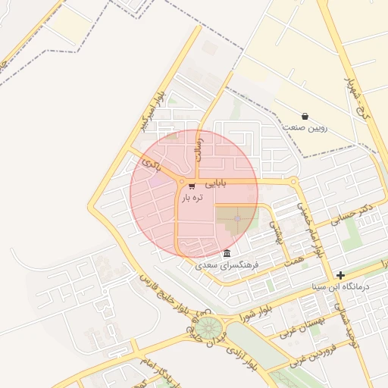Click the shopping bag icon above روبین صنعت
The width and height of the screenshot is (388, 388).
(x=305, y=117)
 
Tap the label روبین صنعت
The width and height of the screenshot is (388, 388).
(x=305, y=127)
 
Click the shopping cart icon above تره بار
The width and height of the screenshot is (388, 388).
(x=192, y=186)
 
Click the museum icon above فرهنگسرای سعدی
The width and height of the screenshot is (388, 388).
(x=227, y=253)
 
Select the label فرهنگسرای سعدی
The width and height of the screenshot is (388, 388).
(x=227, y=265)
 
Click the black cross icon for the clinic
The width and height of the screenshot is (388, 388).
(x=341, y=275)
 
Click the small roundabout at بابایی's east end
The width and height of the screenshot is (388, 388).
(x=294, y=182)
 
